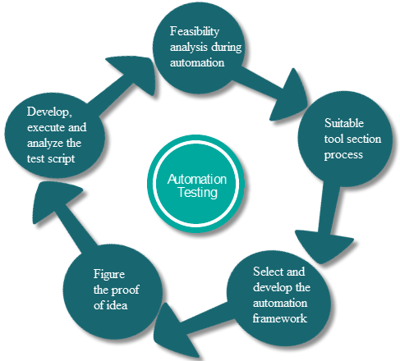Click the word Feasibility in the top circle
click(195, 32)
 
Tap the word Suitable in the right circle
click(344, 123)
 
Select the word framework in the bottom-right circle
click(279, 318)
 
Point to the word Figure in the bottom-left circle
click(109, 275)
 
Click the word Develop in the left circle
click(49, 112)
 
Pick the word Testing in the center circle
click(198, 192)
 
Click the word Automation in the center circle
click(197, 179)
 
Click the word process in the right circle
click(343, 155)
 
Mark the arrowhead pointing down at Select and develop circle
click(324, 246)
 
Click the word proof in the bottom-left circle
click(125, 290)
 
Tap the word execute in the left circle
click(46, 128)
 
